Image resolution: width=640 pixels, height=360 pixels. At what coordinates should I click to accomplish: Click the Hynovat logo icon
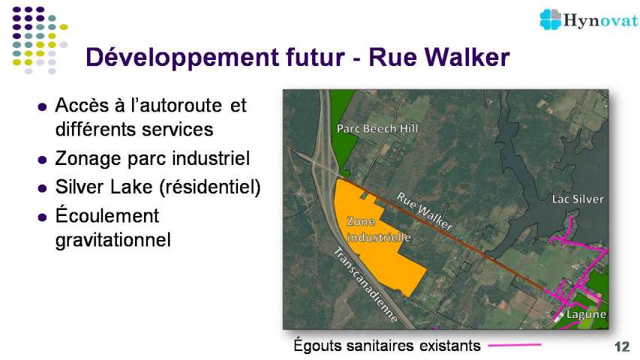[551, 19]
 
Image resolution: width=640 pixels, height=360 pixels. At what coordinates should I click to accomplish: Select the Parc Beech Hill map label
[377, 128]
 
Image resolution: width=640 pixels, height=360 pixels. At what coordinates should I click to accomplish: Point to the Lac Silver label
[578, 199]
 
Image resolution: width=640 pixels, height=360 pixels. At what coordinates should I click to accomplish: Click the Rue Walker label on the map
[425, 211]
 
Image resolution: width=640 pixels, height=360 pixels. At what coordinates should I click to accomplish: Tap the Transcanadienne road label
[365, 285]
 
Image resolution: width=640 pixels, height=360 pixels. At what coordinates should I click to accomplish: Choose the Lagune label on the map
[586, 314]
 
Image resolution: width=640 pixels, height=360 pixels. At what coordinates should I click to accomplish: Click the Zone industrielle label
[379, 229]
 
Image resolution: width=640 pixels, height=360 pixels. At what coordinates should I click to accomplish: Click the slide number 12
[622, 346]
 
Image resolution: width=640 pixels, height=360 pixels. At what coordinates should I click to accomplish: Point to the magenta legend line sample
[515, 345]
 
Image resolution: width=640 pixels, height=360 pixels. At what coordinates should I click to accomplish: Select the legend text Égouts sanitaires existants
[387, 346]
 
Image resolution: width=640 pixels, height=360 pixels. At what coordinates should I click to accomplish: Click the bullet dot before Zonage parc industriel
[42, 160]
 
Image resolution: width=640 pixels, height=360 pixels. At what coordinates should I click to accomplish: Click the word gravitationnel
[113, 240]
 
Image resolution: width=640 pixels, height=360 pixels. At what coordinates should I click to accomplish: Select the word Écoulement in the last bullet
[107, 214]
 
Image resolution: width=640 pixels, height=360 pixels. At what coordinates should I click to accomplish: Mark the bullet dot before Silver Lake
[42, 188]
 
